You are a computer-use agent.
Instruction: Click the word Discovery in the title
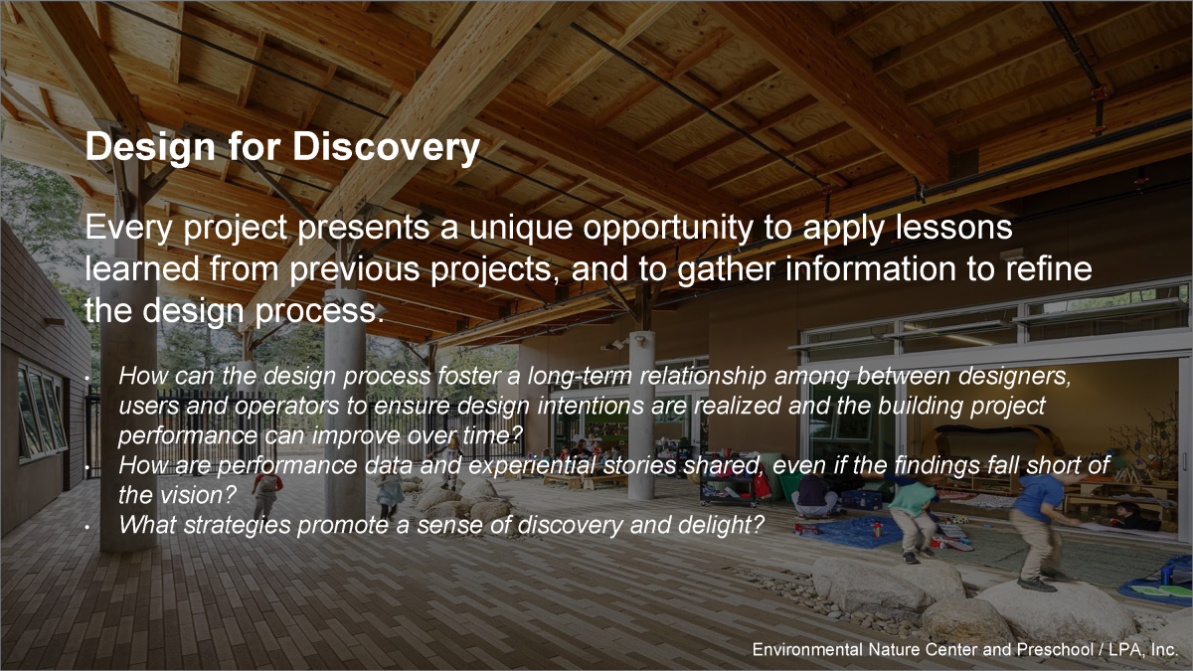(x=386, y=147)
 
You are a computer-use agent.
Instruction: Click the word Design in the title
(x=150, y=147)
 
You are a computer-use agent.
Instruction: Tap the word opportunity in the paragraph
(x=668, y=229)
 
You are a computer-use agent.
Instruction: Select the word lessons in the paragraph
(x=953, y=228)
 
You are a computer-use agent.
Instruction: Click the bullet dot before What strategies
(x=87, y=527)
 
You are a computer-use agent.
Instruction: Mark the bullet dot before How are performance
(x=87, y=467)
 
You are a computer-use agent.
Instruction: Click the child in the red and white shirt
(x=266, y=494)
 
